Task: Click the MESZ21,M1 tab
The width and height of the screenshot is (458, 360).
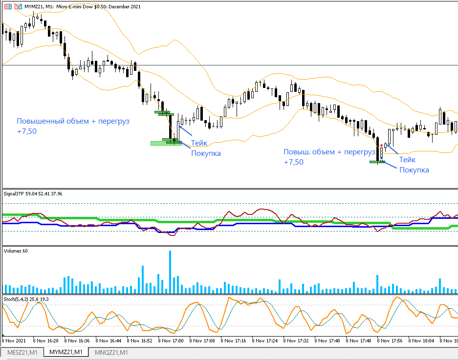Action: [x=22, y=352]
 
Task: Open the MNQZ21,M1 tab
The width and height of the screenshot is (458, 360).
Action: [x=111, y=352]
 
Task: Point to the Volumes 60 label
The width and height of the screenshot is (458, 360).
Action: [x=15, y=251]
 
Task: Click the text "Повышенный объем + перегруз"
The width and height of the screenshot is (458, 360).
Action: [x=73, y=121]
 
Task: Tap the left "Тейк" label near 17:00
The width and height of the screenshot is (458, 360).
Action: [x=199, y=143]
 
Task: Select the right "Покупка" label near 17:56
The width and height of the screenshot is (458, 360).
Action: [x=414, y=169]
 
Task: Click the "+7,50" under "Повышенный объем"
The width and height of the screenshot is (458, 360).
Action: [x=27, y=131]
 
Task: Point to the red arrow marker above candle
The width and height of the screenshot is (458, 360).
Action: [x=381, y=145]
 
